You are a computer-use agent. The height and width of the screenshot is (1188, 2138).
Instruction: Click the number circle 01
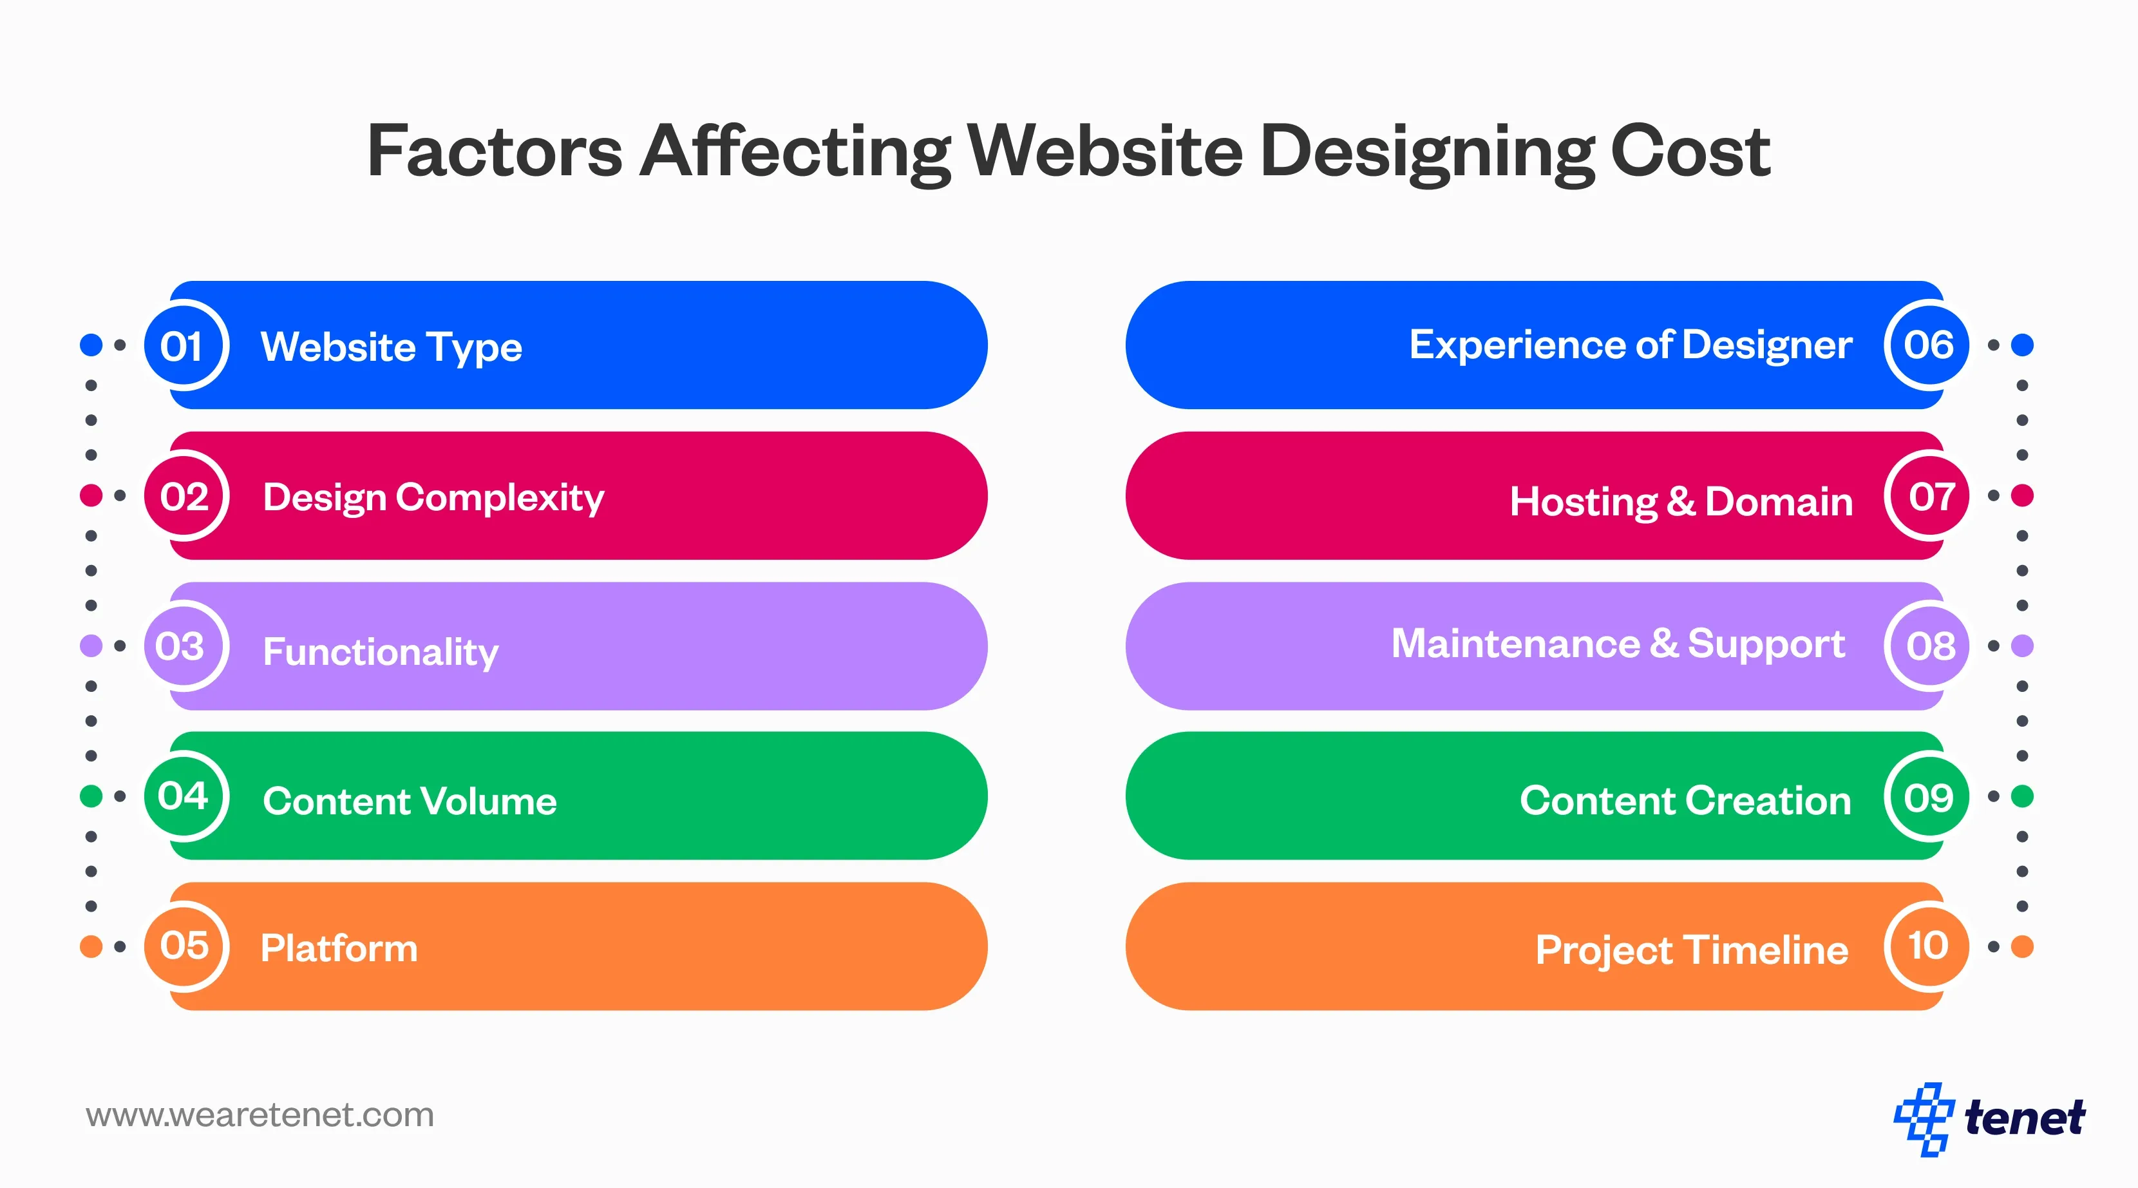tap(184, 345)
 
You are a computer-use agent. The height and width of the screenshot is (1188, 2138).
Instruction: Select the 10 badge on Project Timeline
tap(1928, 946)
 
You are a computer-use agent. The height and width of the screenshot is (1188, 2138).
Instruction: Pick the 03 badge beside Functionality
tap(183, 646)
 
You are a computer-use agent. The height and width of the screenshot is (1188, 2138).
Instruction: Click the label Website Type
tap(391, 347)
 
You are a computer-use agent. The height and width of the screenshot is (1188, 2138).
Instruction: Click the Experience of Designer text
tap(1629, 345)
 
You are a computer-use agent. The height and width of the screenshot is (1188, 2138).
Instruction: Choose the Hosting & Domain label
tap(1681, 501)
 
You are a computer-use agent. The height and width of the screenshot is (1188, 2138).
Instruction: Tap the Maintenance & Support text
tap(1618, 644)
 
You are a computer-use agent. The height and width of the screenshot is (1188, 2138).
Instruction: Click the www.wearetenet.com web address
tap(260, 1115)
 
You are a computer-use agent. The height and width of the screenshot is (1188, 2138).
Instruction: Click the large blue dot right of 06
tap(2023, 345)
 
